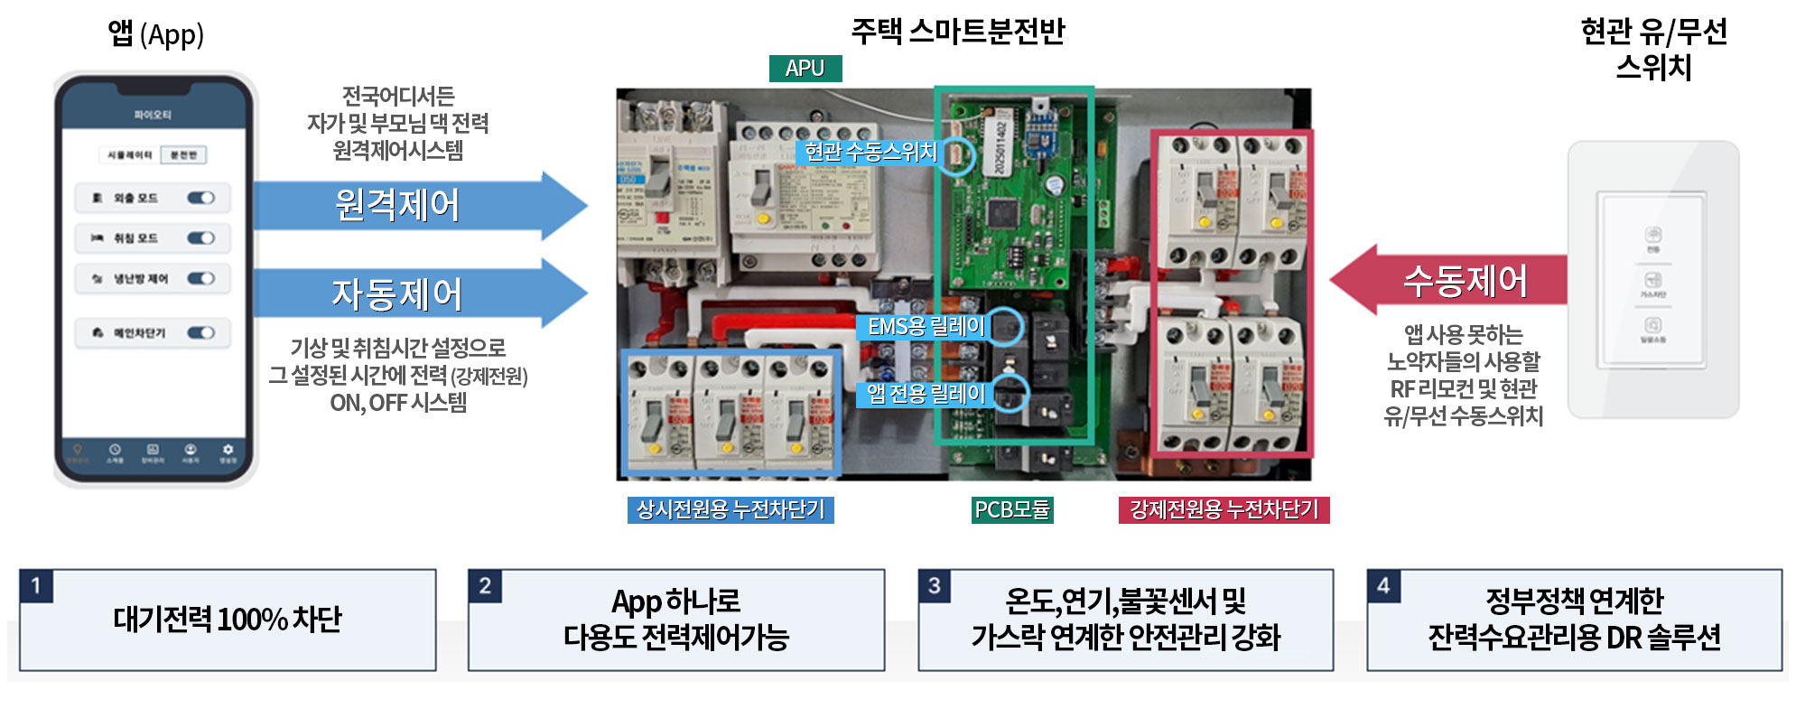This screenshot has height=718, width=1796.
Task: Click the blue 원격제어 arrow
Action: tap(406, 205)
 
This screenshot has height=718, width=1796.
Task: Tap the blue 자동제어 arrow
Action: tap(406, 294)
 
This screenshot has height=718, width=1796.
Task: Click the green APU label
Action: tap(805, 69)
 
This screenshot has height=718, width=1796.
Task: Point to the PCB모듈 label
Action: tap(1011, 510)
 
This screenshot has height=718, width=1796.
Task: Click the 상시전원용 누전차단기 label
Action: tap(730, 510)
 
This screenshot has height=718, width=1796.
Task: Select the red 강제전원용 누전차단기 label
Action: tap(1224, 510)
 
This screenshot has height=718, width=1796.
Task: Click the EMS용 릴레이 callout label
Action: tap(926, 327)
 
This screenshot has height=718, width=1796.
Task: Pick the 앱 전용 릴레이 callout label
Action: tap(926, 394)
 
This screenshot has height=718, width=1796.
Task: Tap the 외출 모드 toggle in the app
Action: tap(200, 198)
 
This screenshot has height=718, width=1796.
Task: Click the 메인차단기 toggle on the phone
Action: tap(200, 333)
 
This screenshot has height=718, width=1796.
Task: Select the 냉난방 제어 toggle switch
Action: tap(200, 279)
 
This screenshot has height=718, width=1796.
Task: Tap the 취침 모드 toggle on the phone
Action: tap(200, 238)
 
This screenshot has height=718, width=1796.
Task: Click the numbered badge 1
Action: tap(36, 585)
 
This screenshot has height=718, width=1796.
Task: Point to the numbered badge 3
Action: tap(935, 585)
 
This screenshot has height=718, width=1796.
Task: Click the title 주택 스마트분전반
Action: tap(958, 32)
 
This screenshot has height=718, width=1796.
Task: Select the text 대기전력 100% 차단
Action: tap(228, 620)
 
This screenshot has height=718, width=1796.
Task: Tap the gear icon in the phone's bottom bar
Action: tap(228, 450)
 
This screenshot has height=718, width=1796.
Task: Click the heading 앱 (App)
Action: tap(156, 34)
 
